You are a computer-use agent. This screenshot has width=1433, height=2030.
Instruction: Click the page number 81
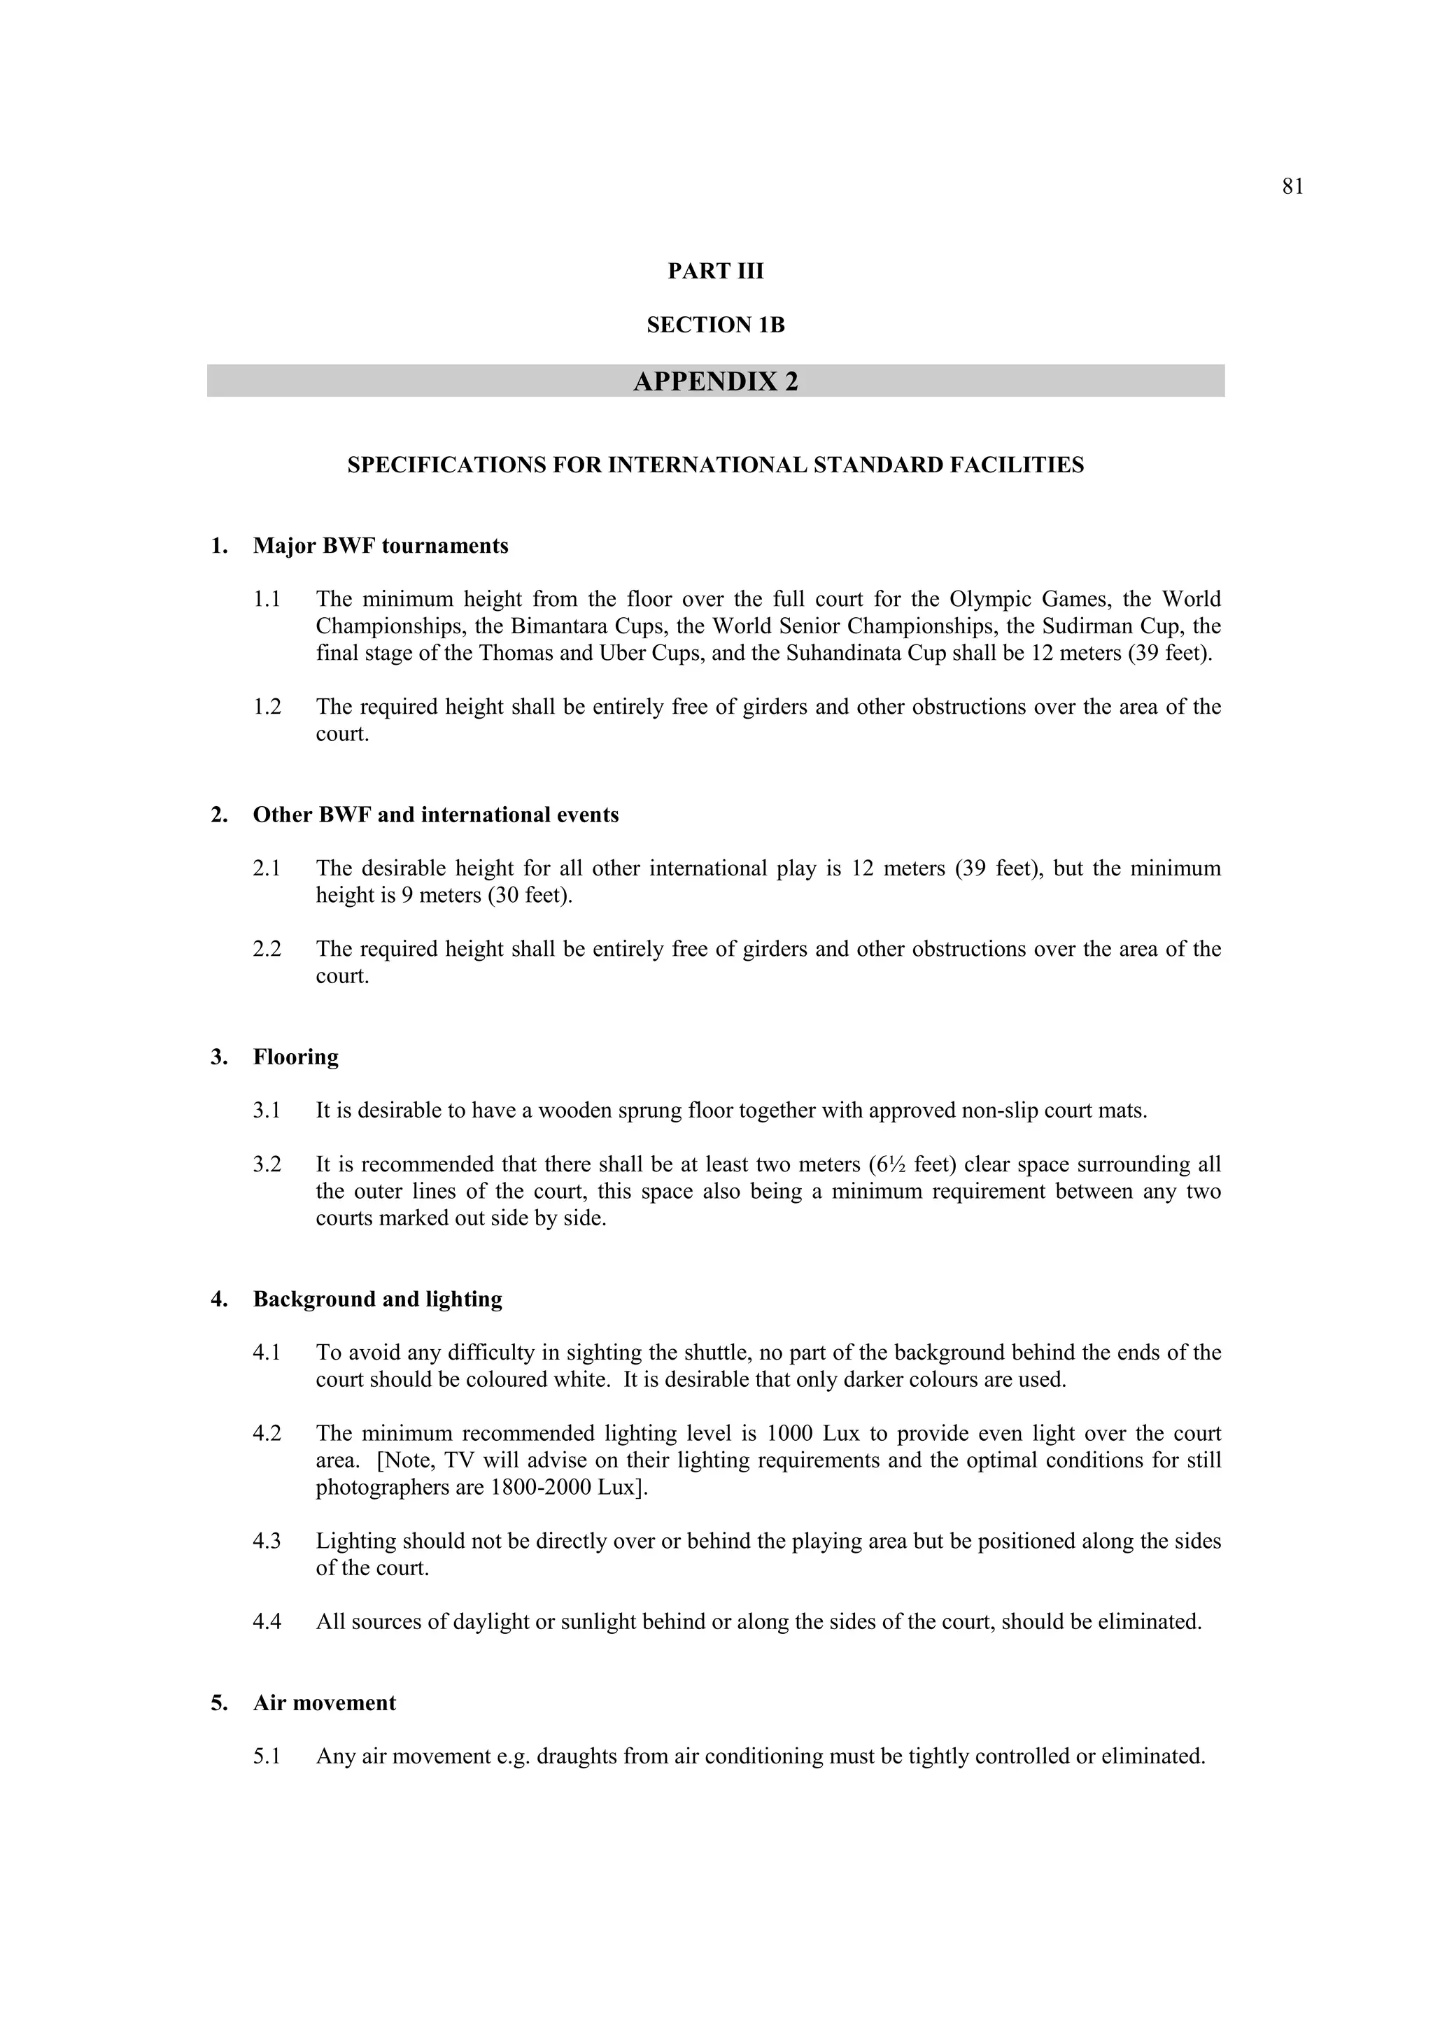click(x=1292, y=187)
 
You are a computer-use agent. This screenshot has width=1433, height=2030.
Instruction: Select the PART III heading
click(x=715, y=272)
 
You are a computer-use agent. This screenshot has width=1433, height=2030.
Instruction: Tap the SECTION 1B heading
click(x=715, y=325)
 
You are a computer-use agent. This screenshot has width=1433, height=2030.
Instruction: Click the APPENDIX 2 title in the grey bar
click(x=715, y=381)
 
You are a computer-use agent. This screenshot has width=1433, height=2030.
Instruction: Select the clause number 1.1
click(x=267, y=600)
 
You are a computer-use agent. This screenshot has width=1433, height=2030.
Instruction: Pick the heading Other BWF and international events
click(x=436, y=815)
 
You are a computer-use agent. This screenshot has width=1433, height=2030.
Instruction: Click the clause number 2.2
click(x=267, y=950)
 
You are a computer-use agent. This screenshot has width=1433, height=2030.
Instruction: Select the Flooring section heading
click(x=295, y=1057)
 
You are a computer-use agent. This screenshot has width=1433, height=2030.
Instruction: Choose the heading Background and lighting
click(x=377, y=1299)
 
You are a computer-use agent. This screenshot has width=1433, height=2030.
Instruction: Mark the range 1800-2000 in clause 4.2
click(x=540, y=1488)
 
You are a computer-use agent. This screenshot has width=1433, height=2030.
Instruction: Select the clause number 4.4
click(x=267, y=1623)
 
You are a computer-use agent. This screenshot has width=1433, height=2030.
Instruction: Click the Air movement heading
click(x=325, y=1704)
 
